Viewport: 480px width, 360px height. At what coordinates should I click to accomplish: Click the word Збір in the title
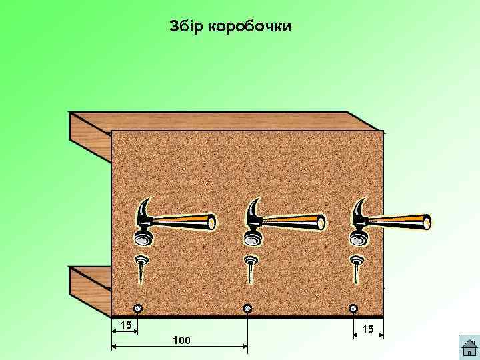pyautogui.click(x=186, y=27)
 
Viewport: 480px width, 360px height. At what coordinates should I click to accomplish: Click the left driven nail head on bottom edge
pyautogui.click(x=138, y=309)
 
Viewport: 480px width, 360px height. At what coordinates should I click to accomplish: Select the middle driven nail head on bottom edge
pyautogui.click(x=247, y=309)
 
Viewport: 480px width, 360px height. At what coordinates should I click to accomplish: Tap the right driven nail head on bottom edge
pyautogui.click(x=353, y=309)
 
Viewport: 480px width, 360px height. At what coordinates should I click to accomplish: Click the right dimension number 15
pyautogui.click(x=367, y=329)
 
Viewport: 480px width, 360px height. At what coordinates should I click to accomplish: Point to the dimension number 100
pyautogui.click(x=181, y=340)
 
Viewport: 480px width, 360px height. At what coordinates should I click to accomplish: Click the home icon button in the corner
pyautogui.click(x=468, y=347)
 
